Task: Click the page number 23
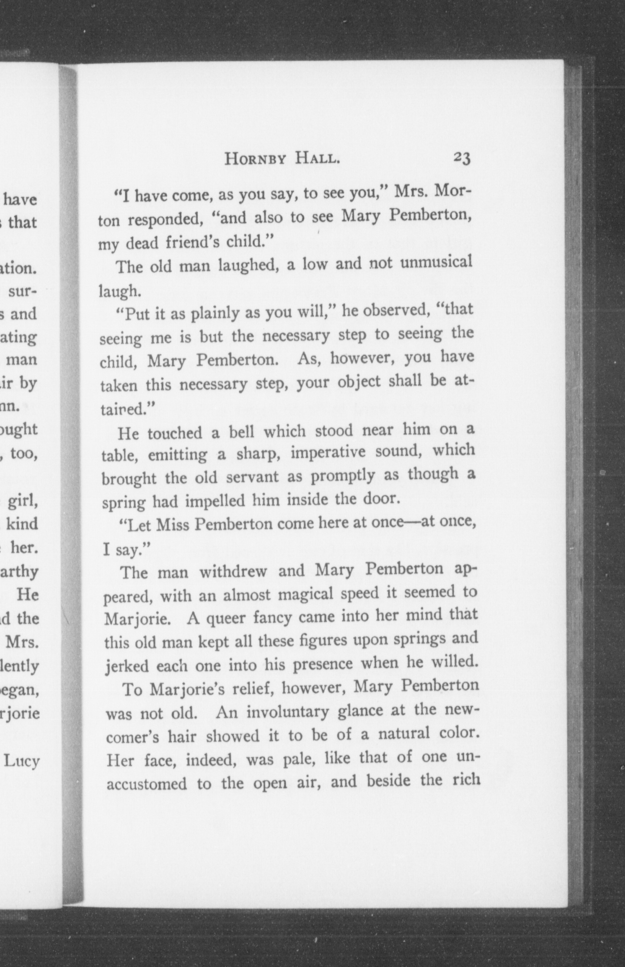462,158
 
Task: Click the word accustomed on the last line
146,785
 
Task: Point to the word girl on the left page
23,502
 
